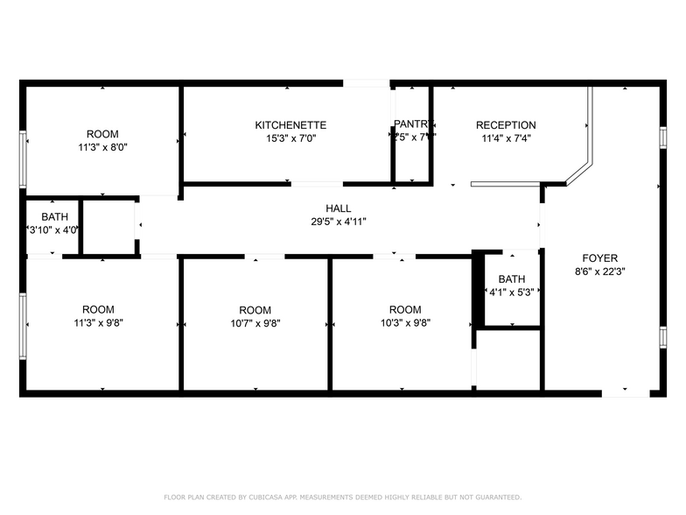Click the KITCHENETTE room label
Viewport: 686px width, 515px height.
click(x=290, y=125)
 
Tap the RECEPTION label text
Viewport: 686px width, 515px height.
click(x=506, y=125)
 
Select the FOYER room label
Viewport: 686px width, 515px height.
click(x=600, y=258)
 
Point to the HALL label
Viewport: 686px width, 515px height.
click(x=339, y=208)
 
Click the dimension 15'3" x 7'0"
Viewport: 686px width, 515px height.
click(x=290, y=138)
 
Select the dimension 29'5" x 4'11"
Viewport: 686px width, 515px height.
click(x=339, y=222)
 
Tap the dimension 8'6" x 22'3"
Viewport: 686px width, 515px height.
click(x=600, y=272)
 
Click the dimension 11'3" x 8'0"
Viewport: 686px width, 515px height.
click(x=101, y=147)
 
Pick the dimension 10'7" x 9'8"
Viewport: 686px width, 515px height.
click(x=255, y=322)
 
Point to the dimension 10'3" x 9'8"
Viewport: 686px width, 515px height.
click(x=405, y=322)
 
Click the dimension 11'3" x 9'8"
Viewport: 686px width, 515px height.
click(x=98, y=322)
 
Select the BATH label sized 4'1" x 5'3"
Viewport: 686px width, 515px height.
click(x=512, y=279)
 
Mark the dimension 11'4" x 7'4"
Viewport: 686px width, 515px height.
click(x=506, y=138)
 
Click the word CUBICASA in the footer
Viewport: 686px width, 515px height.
click(x=264, y=497)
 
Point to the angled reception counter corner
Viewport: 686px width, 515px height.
click(x=578, y=173)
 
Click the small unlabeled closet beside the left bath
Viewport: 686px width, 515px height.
click(x=109, y=227)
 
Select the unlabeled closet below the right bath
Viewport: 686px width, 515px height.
click(x=508, y=359)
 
